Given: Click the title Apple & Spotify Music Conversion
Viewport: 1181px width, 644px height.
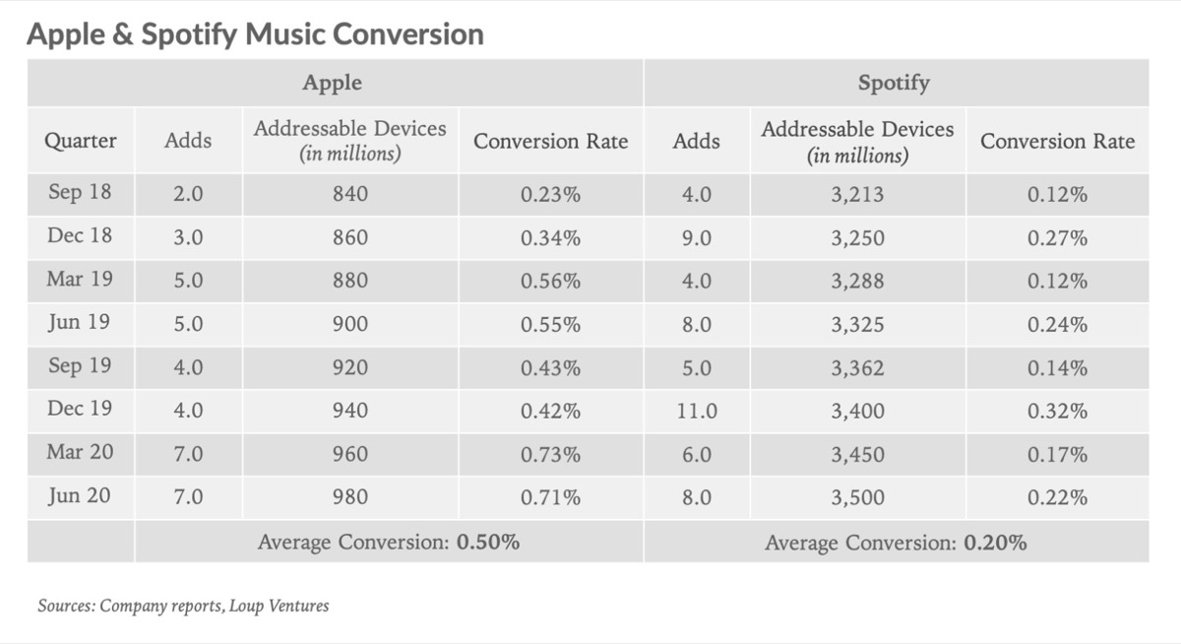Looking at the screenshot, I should click(x=255, y=34).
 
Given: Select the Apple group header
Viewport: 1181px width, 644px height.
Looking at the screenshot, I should click(x=332, y=83).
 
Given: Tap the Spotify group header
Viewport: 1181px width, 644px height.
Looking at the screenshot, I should click(x=894, y=83).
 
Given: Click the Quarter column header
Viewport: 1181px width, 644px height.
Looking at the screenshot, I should click(x=81, y=141).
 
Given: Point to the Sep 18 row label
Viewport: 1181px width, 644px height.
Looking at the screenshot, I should click(x=80, y=194).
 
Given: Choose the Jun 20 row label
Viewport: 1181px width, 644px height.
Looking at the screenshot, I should click(x=80, y=497).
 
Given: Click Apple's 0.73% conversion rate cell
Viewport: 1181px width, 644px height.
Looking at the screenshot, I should click(x=550, y=455).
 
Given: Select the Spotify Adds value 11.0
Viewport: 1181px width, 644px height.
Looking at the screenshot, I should click(x=696, y=412).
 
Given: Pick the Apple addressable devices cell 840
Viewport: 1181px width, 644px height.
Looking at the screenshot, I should click(x=349, y=195).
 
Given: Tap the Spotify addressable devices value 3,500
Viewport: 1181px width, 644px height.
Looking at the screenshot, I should click(x=857, y=498).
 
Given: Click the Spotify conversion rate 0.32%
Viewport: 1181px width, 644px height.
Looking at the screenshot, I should click(x=1057, y=412).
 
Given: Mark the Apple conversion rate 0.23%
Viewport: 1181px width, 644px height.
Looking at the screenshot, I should click(x=550, y=195).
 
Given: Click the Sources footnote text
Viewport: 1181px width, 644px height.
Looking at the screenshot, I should click(x=183, y=606).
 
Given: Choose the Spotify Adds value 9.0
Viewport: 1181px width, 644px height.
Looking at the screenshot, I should click(x=696, y=238).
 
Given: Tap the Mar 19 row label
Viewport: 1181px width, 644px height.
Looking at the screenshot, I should click(x=80, y=281).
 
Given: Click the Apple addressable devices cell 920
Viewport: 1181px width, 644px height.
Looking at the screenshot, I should click(x=349, y=368).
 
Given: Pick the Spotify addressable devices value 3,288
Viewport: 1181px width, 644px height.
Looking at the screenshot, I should click(x=857, y=282).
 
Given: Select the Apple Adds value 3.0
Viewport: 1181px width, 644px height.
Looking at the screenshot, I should click(x=188, y=238).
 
